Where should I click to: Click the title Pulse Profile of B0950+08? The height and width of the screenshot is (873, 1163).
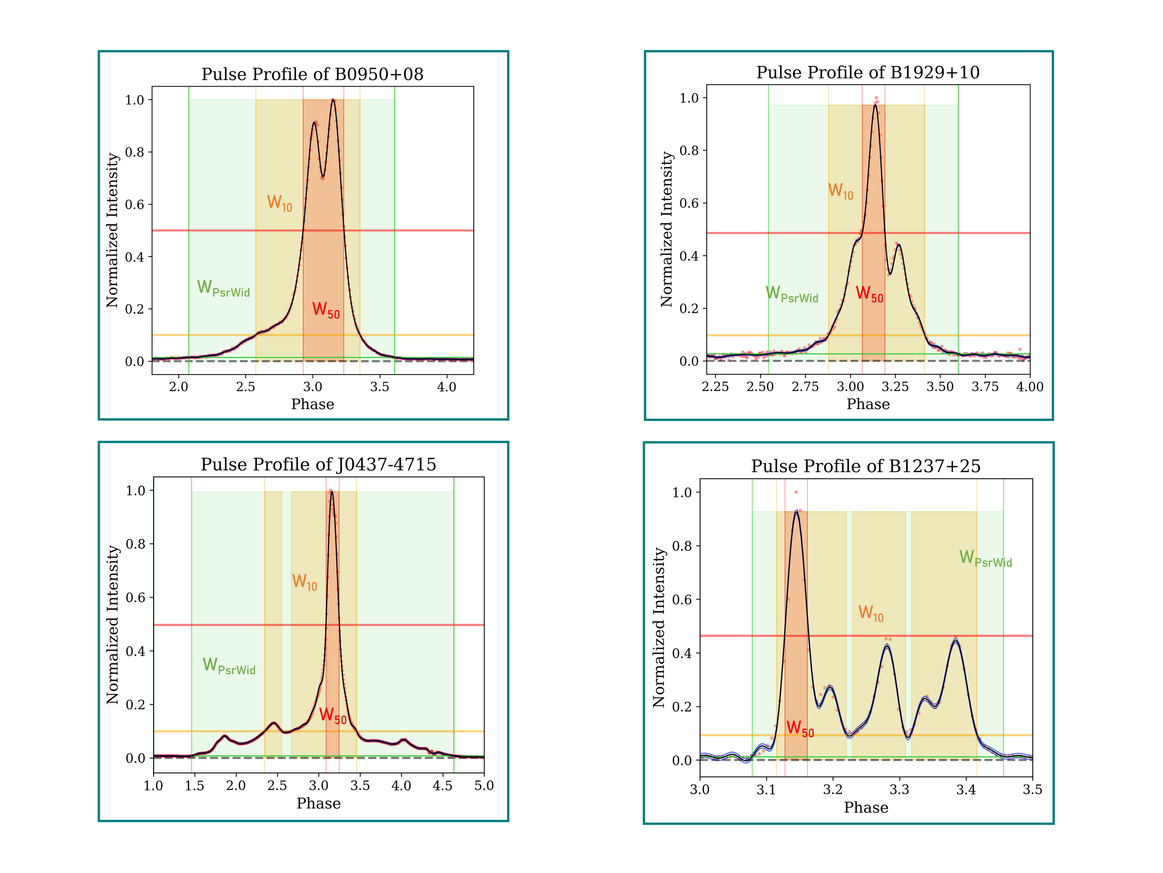[x=312, y=74]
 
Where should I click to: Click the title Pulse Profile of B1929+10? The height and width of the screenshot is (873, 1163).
[x=868, y=72]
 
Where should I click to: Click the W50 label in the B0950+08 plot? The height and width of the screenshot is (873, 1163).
[x=326, y=310]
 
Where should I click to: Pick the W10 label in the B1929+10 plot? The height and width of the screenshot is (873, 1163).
[x=840, y=191]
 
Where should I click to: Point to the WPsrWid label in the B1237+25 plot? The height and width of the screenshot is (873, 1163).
[x=985, y=558]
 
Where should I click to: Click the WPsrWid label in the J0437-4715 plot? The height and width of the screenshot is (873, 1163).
[x=229, y=666]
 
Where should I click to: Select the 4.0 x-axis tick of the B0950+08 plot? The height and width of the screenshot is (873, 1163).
[x=446, y=387]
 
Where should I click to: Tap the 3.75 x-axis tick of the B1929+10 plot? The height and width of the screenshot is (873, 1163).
[x=985, y=387]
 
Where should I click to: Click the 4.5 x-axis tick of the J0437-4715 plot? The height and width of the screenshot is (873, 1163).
[x=442, y=786]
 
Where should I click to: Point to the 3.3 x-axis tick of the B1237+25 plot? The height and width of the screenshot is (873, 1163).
[x=899, y=789]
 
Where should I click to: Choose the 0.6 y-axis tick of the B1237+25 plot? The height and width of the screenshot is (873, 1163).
[x=682, y=600]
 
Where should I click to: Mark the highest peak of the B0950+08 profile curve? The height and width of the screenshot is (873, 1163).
[x=333, y=100]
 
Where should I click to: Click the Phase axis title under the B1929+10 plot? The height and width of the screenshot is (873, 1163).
[x=868, y=404]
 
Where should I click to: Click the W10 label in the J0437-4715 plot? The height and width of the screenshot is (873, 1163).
[x=304, y=582]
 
